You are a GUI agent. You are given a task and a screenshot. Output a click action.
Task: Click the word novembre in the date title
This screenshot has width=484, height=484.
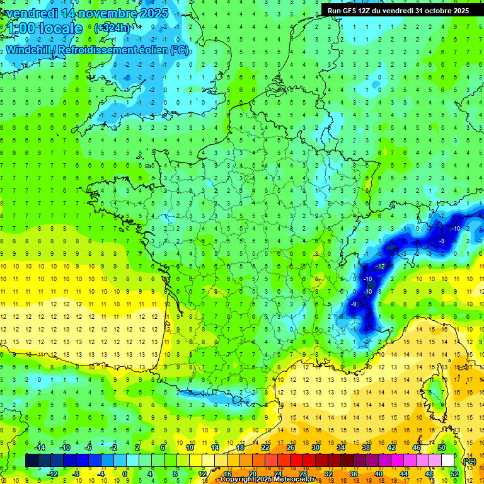pos(101,13)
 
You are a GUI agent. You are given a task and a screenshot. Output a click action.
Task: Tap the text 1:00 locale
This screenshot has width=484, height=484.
pos(45,28)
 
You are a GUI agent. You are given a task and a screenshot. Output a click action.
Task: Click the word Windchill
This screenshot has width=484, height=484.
pos(32,50)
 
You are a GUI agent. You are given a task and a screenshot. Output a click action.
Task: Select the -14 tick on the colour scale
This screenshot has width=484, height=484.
pos(40,447)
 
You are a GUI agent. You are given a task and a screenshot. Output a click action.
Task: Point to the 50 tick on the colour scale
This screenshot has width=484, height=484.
pos(441,447)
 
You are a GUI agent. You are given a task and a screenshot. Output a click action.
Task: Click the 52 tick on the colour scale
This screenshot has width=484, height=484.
pos(454,474)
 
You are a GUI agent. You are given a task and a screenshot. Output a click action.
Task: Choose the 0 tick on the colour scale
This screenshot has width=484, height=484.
pos(125,474)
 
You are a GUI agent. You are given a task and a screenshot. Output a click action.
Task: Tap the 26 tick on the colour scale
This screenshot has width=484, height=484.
pos(291,447)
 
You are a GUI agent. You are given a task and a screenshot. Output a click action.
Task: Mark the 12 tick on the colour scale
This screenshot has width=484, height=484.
pos(203,474)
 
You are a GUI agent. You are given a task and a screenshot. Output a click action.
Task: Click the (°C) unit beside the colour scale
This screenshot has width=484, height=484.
pos(468,461)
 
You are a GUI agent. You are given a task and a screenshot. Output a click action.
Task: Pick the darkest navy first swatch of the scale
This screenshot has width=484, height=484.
pos(31,461)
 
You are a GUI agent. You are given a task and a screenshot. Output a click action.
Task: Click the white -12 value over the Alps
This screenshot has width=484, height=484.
pos(381,267)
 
